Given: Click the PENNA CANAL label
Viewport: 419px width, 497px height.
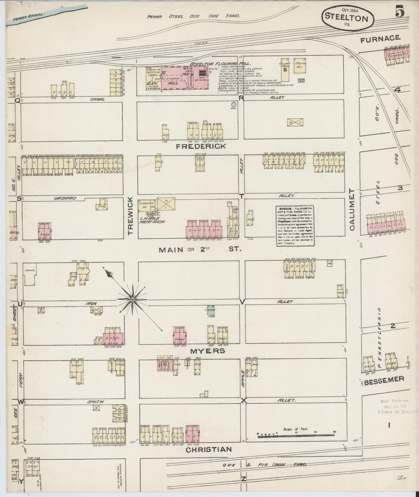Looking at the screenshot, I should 25,18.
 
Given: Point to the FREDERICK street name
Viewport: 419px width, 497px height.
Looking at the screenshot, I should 201,147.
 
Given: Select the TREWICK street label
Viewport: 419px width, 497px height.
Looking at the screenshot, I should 131,215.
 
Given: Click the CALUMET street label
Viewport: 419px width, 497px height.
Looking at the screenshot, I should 352,210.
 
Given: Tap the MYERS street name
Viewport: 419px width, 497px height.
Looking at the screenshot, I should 208,351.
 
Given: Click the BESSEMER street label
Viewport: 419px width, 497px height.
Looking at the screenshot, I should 384,379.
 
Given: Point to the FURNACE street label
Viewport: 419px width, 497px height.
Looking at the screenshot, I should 380,38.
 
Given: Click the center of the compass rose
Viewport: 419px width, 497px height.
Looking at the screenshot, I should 133,300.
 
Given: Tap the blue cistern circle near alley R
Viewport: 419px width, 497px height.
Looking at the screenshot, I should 234,104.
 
